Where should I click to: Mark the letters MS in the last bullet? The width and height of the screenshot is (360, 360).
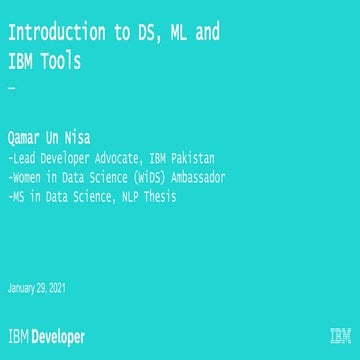(17, 197)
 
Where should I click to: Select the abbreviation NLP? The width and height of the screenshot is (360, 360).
(129, 197)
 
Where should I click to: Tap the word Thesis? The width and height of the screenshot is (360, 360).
(161, 197)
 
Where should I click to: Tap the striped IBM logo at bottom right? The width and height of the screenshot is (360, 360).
(339, 337)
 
